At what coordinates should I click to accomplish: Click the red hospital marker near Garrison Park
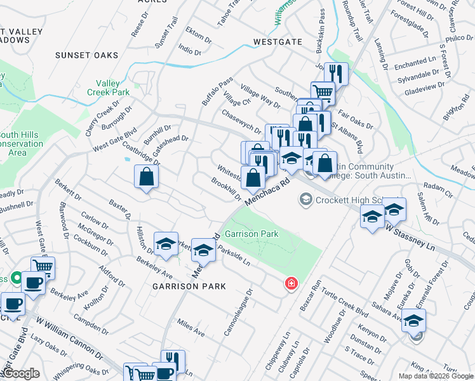(x=291, y=283)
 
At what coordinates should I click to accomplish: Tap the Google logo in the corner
(x=21, y=373)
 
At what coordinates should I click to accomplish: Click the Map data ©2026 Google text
(x=436, y=376)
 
